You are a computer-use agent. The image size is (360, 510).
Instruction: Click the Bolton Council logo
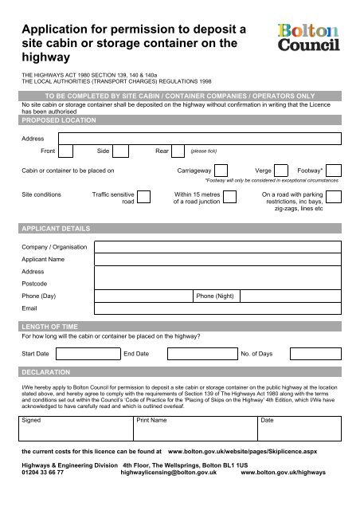308,37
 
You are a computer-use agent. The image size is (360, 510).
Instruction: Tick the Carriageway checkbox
222,170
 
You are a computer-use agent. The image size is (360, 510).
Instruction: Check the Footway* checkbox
335,170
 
